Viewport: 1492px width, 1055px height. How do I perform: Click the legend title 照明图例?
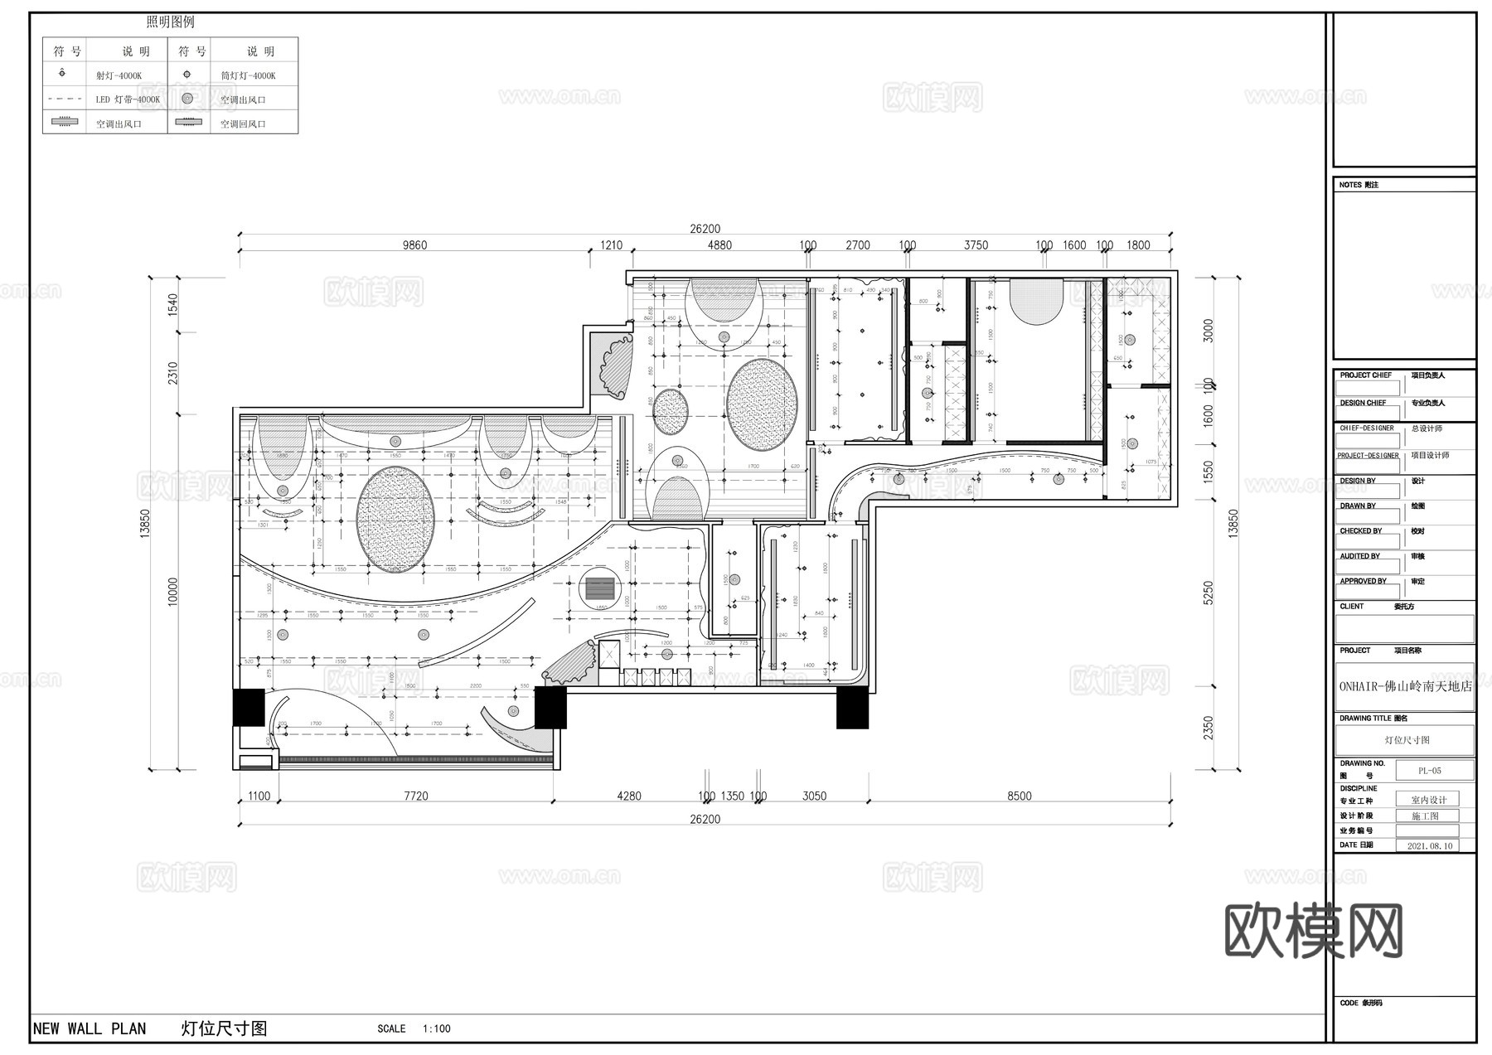tap(170, 22)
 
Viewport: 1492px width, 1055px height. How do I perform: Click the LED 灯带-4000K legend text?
tap(128, 99)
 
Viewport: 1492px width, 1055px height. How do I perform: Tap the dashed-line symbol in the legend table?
tap(65, 99)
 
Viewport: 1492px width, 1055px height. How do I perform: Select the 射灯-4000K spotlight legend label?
tap(119, 75)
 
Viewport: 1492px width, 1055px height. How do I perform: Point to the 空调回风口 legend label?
tap(243, 124)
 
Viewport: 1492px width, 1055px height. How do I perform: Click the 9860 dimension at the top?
tap(414, 245)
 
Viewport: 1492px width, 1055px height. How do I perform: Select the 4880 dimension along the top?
tap(719, 245)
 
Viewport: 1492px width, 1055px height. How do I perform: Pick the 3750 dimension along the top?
tap(976, 245)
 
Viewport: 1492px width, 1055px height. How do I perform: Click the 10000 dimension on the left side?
tap(173, 592)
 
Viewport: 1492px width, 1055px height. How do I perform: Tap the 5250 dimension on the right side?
tap(1209, 593)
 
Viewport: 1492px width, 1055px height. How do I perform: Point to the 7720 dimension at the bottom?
tap(416, 796)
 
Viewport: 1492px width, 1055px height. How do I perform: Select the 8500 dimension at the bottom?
tap(1019, 796)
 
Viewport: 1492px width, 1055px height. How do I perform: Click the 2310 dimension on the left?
tap(173, 373)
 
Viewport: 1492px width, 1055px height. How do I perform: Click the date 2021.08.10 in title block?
tap(1429, 846)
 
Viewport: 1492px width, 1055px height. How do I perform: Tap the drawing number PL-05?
tap(1429, 771)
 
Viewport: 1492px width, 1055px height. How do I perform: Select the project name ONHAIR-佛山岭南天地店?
tap(1405, 686)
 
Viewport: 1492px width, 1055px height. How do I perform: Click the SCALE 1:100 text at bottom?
tap(414, 1028)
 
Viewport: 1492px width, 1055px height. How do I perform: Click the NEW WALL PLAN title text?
tap(90, 1028)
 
